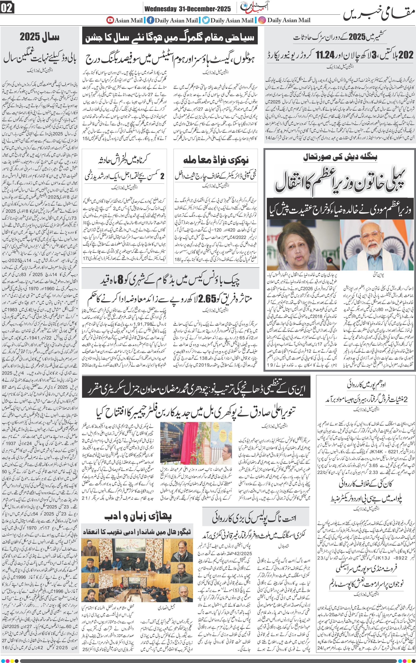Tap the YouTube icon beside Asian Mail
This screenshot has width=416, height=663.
coord(110,20)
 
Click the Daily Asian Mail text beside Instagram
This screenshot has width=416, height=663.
coord(289,20)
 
